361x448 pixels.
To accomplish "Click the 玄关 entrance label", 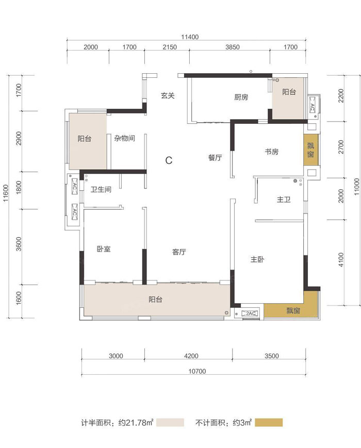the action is [168, 95].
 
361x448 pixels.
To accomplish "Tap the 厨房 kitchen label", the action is [241, 97].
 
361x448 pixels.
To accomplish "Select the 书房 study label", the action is [271, 152].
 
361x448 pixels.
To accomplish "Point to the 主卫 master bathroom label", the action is [284, 199].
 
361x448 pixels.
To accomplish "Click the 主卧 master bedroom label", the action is [257, 259].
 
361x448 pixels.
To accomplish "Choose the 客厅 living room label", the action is [179, 252].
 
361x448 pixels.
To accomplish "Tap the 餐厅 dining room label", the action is [215, 157].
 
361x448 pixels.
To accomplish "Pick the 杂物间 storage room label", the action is [125, 138].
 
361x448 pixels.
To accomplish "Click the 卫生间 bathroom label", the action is [101, 189].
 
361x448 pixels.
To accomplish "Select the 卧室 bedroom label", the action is [104, 249].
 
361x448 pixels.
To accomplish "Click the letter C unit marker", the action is [169, 160].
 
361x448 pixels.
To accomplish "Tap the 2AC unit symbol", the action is [250, 313].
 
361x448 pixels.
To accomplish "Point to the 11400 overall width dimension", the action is [190, 37].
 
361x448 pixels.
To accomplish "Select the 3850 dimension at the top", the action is [233, 47].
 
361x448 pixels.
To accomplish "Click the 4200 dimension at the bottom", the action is [191, 356].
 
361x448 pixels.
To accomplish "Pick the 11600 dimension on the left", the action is [6, 193].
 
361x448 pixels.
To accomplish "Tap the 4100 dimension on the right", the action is [341, 260].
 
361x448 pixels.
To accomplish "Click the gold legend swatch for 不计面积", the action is [269, 422].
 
